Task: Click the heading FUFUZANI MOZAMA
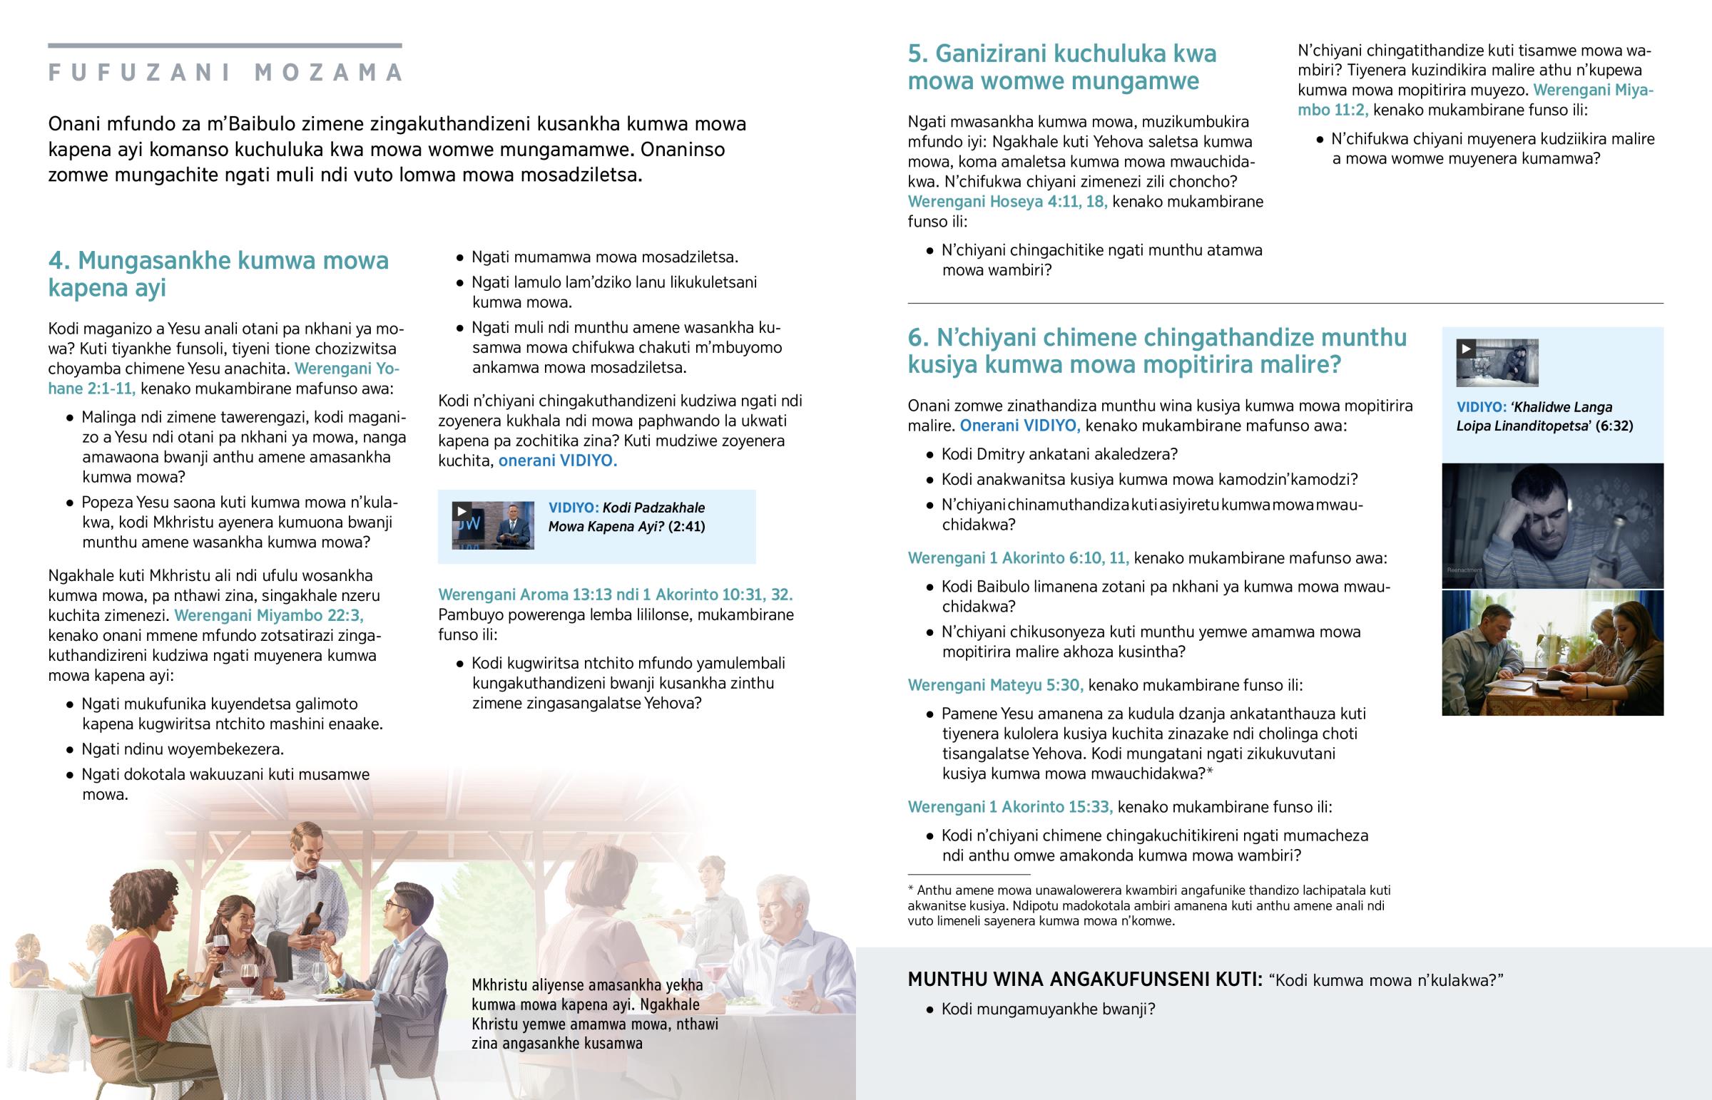[x=225, y=72]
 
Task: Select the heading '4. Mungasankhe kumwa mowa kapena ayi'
[x=218, y=274]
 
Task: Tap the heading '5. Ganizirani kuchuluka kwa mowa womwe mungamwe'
[x=1061, y=67]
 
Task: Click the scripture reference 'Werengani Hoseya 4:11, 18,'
[x=1007, y=202]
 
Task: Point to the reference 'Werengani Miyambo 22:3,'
[x=269, y=615]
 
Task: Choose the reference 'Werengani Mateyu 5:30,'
[x=995, y=685]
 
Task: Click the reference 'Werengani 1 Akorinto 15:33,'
[x=1009, y=806]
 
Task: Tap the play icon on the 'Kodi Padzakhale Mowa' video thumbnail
[x=462, y=511]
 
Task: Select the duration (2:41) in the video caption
[x=687, y=526]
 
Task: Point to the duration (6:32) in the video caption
[x=1614, y=426]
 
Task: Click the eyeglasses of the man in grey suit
[x=394, y=905]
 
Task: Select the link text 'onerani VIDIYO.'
[x=557, y=461]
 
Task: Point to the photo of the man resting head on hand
[x=1552, y=525]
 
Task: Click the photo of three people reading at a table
[x=1552, y=653]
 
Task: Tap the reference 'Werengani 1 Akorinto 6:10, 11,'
[x=1018, y=558]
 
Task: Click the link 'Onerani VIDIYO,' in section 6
[x=1019, y=426]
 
